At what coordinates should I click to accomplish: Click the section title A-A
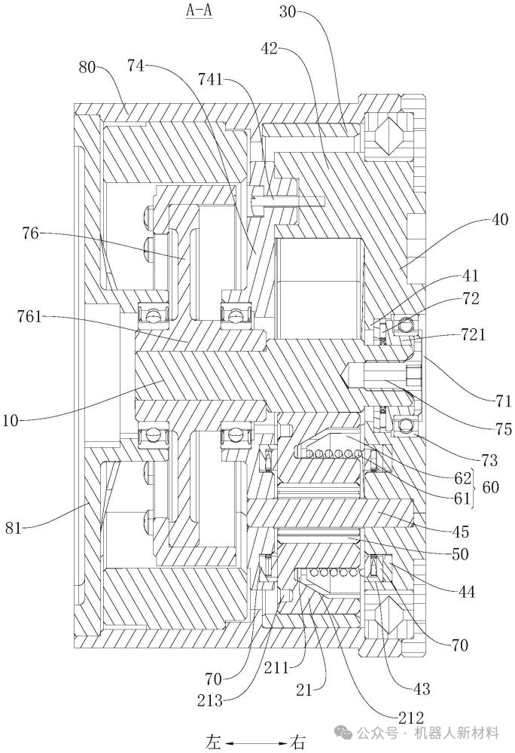tap(199, 10)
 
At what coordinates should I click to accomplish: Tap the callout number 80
tap(87, 67)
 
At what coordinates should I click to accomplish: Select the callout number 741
tap(210, 79)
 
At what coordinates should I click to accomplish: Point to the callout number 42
tap(270, 48)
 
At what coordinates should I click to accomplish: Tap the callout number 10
tap(11, 421)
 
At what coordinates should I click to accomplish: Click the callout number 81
tap(13, 528)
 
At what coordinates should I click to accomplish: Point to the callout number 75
tap(504, 429)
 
